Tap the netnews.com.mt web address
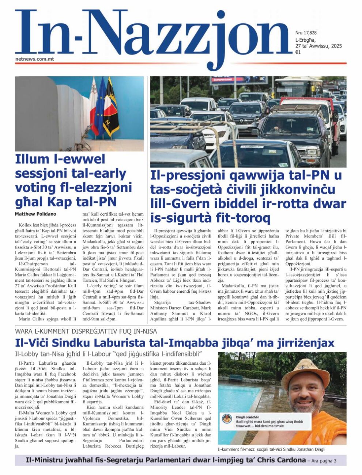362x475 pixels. click(x=35, y=58)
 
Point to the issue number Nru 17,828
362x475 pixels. click(x=306, y=33)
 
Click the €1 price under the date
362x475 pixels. click(x=298, y=52)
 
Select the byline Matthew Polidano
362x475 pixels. click(x=36, y=214)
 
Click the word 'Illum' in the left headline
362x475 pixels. click(x=32, y=159)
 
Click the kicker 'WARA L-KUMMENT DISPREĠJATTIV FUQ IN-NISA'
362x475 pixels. click(x=86, y=331)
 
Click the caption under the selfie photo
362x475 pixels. click(x=271, y=449)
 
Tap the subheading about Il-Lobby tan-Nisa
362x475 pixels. click(x=109, y=354)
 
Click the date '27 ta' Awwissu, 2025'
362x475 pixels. click(x=318, y=46)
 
